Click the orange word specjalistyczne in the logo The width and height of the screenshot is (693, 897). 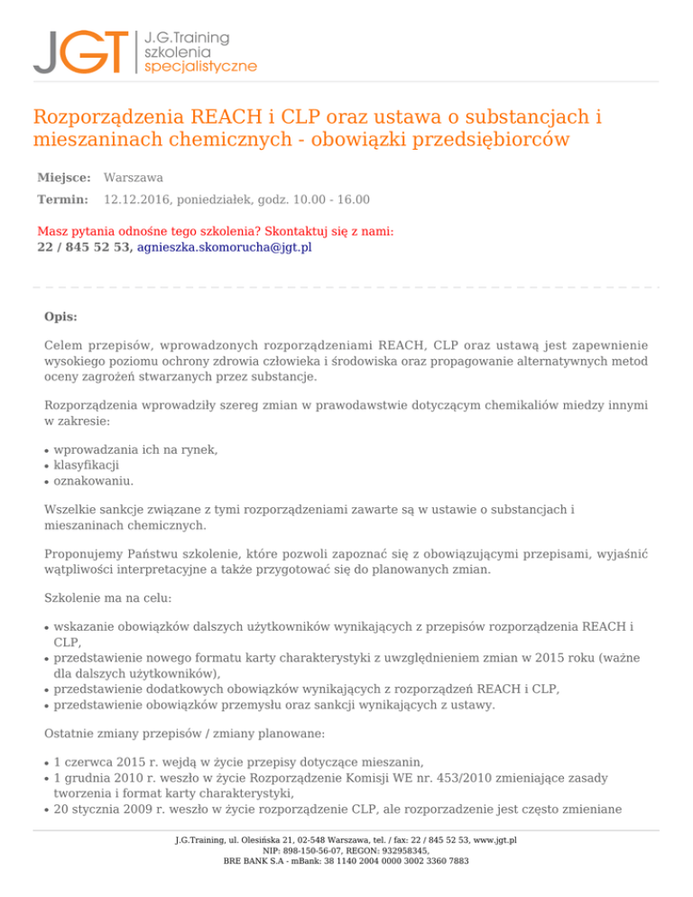coord(200,66)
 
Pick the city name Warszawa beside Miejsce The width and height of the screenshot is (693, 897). coord(134,179)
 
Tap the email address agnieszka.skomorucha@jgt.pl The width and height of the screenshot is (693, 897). coord(225,246)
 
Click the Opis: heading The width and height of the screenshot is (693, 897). coord(60,318)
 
